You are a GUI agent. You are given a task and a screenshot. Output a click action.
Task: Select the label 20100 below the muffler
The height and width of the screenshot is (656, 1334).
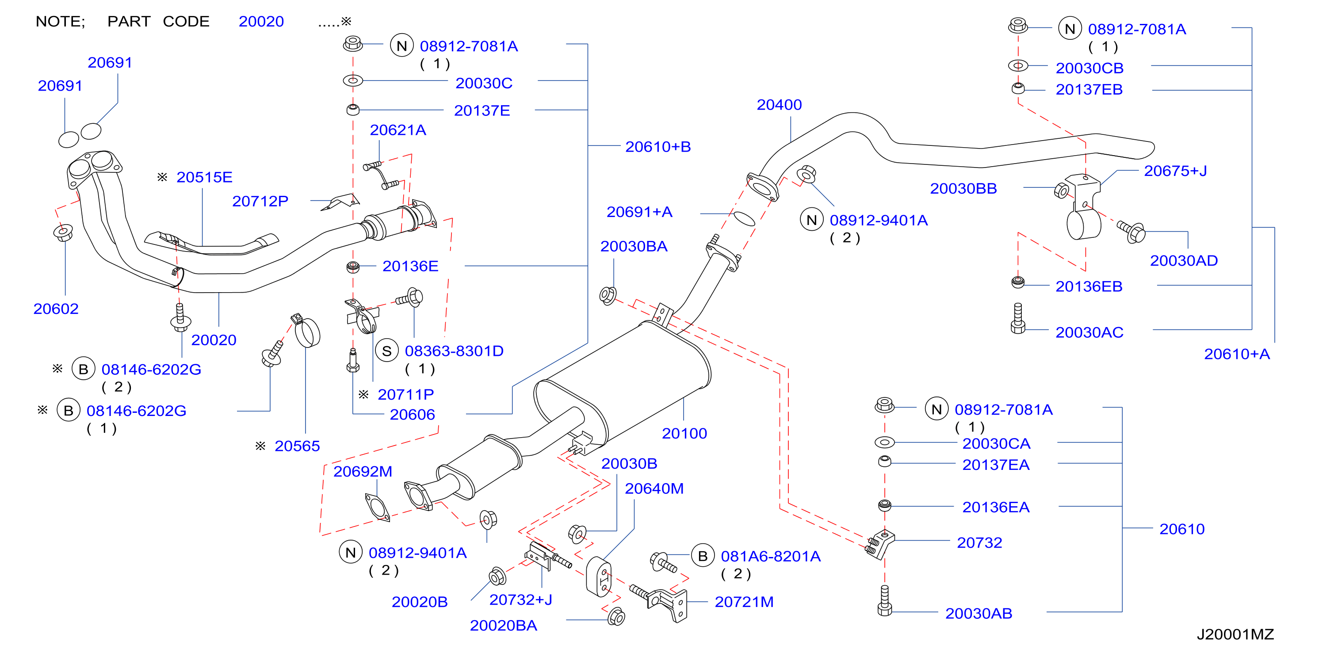pyautogui.click(x=684, y=433)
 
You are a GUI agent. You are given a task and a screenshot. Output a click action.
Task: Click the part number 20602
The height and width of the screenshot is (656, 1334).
pyautogui.click(x=56, y=309)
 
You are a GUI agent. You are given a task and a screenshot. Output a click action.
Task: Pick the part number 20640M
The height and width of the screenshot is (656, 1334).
pyautogui.click(x=654, y=489)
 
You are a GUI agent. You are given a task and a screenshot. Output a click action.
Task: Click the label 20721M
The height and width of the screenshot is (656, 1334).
pyautogui.click(x=744, y=602)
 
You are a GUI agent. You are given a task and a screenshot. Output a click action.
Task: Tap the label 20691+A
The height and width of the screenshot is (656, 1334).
pyautogui.click(x=639, y=212)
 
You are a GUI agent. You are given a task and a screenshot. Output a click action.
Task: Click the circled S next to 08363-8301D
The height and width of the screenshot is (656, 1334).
pyautogui.click(x=386, y=351)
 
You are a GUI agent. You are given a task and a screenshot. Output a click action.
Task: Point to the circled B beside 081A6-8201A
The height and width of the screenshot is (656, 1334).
pyautogui.click(x=702, y=556)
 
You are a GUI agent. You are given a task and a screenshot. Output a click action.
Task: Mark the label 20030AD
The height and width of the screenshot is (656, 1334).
pyautogui.click(x=1183, y=261)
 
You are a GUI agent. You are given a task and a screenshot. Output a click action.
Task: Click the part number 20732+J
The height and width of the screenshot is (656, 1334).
pyautogui.click(x=520, y=599)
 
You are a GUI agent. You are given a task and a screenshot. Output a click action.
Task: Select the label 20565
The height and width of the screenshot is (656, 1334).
pyautogui.click(x=297, y=446)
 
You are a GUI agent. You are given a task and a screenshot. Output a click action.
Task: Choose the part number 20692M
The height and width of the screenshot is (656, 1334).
pyautogui.click(x=363, y=472)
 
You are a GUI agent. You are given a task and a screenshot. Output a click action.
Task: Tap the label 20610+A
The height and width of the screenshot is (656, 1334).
pyautogui.click(x=1237, y=354)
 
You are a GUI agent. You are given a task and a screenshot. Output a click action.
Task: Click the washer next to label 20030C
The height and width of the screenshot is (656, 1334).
pyautogui.click(x=353, y=81)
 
